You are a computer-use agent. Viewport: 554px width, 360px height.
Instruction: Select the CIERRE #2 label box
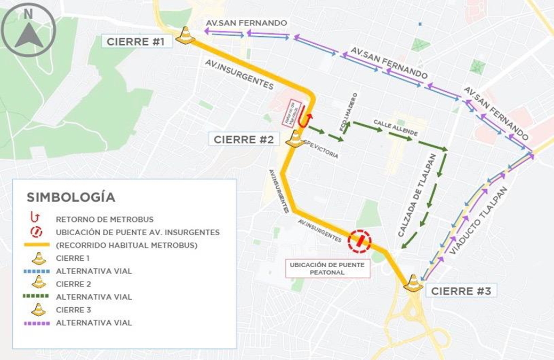(x=243, y=140)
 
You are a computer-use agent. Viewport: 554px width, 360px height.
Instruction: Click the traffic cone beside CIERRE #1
(x=186, y=35)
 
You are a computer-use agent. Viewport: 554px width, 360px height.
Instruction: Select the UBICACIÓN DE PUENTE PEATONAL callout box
(x=327, y=269)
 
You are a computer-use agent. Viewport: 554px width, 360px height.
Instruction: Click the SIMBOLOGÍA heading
(x=71, y=197)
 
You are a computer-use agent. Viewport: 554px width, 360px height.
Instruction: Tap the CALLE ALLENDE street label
(x=395, y=127)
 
